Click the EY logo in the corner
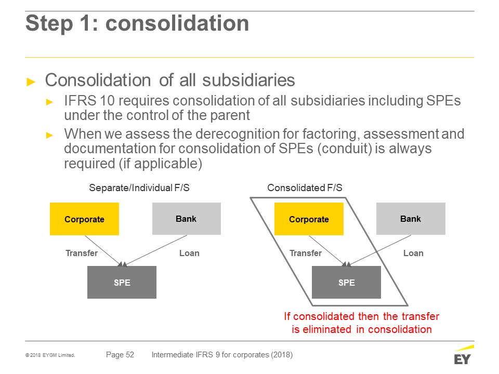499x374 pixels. pos(464,355)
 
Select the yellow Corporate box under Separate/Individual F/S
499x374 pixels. pos(84,219)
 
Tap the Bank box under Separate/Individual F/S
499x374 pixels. pos(187,219)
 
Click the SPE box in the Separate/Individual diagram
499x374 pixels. pos(122,283)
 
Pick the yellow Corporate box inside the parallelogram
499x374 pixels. pos(309,219)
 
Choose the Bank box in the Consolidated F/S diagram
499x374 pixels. pos(411,219)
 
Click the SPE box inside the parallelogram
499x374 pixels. pos(346,283)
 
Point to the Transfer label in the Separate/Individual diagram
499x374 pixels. pos(82,253)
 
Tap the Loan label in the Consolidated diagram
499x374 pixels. pos(413,253)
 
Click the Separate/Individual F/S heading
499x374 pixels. pos(139,188)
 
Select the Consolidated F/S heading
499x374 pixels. pos(305,188)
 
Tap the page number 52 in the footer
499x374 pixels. pos(130,355)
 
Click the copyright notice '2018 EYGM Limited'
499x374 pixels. pos(50,355)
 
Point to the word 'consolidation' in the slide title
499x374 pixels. pos(177,23)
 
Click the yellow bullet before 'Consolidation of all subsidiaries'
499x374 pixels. pos(31,82)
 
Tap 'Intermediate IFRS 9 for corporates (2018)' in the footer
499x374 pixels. pos(222,355)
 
